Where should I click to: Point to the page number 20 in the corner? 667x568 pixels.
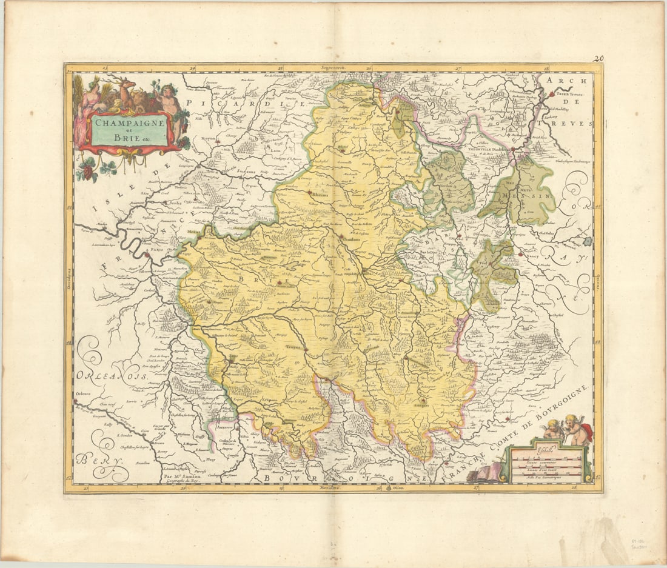tap(598, 59)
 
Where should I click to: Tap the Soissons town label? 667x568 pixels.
tap(246, 171)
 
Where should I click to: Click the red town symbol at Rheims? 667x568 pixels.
tap(310, 193)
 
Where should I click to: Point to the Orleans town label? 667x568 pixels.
tap(82, 393)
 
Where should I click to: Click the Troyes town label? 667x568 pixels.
tap(293, 348)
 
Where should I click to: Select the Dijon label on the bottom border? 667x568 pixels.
tap(398, 487)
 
